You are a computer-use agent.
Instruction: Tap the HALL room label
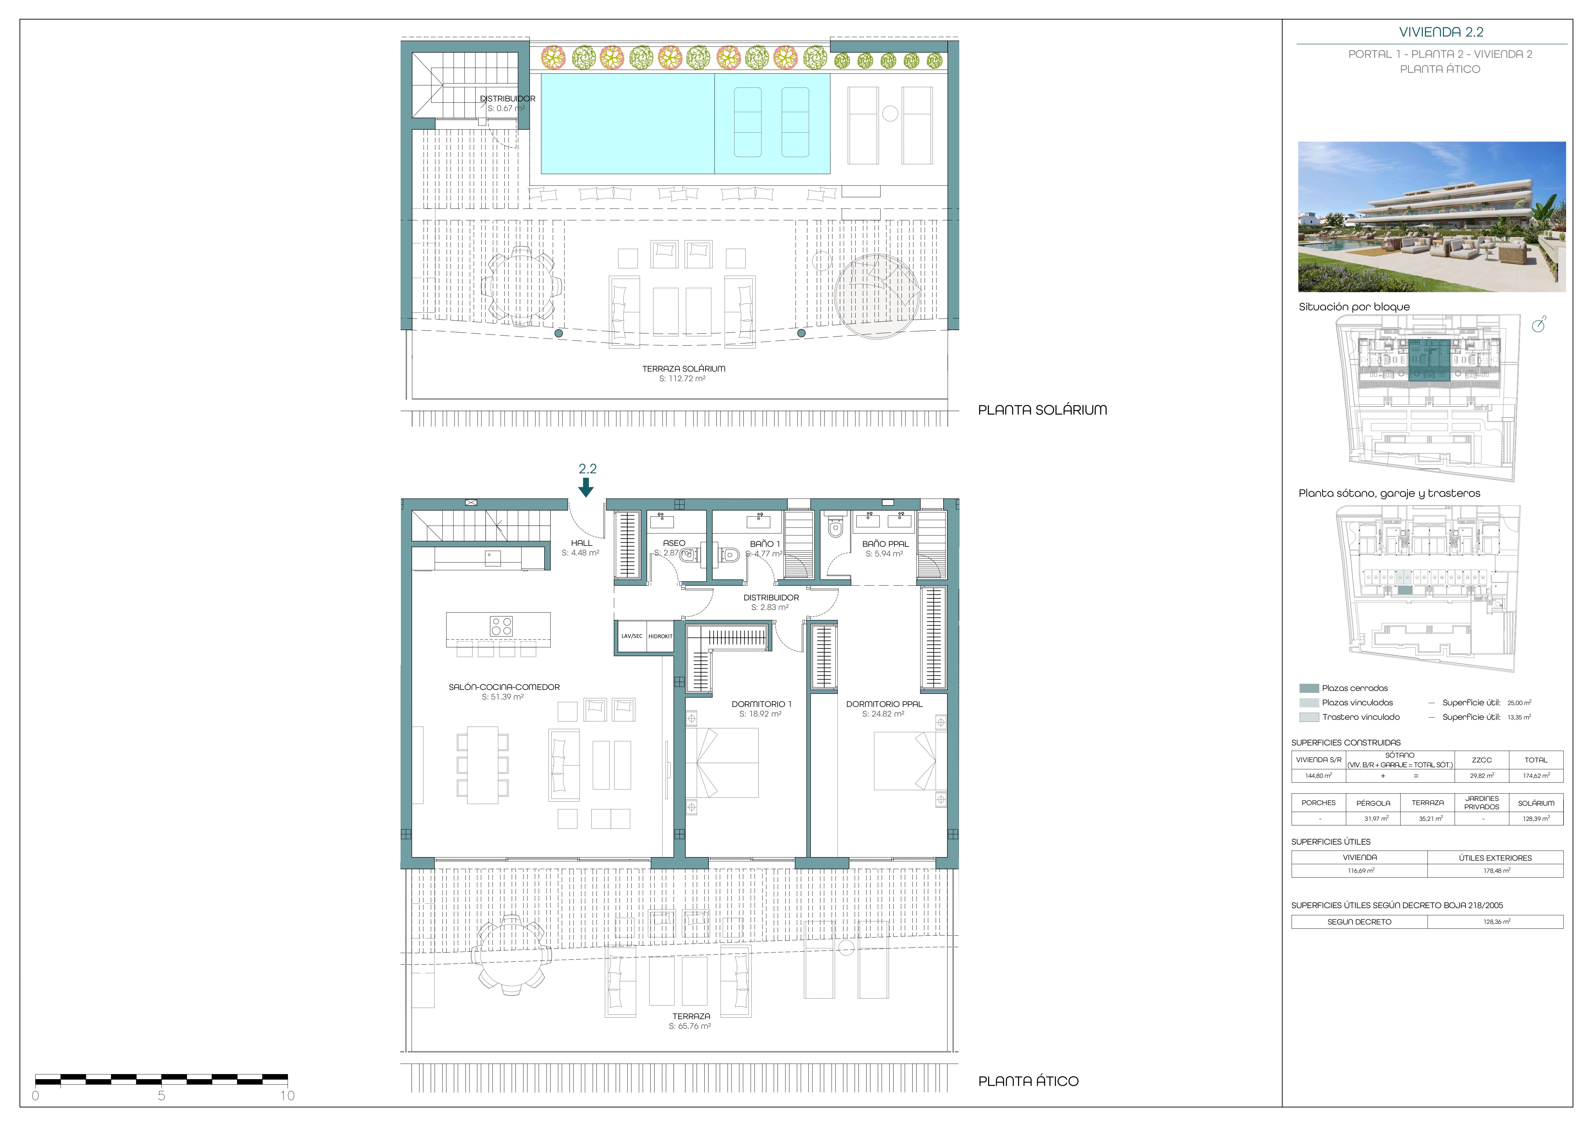pos(581,543)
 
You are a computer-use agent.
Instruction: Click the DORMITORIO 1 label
pos(761,704)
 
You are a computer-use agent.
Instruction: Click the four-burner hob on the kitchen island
pos(501,625)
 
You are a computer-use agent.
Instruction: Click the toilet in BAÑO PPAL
pos(835,528)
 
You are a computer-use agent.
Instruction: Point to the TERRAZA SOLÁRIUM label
pos(683,369)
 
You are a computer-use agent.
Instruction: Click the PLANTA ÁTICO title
pos(1028,1081)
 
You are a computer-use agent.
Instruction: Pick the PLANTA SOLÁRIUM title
pos(1042,409)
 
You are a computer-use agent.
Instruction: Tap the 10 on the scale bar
pos(287,1096)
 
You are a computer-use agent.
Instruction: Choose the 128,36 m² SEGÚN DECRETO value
pos(1496,922)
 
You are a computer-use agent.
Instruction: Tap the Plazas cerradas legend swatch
pos(1309,688)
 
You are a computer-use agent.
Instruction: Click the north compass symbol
pos(1539,324)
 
